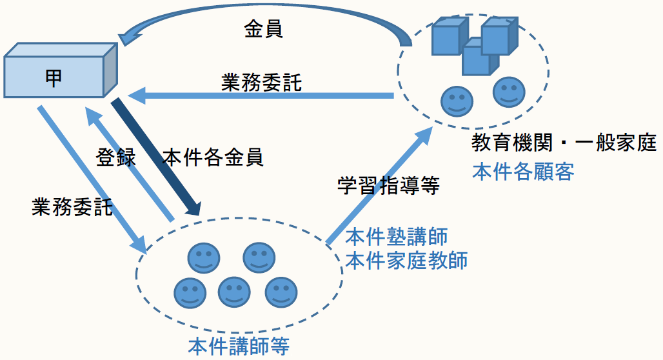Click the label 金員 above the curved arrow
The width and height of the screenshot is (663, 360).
[x=263, y=29]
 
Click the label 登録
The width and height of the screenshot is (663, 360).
[x=116, y=157]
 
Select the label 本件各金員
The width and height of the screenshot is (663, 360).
[x=213, y=158]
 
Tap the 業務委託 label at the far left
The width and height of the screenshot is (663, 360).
[x=72, y=207]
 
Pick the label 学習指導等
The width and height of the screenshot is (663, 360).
[x=388, y=186]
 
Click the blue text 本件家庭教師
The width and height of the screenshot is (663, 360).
[x=406, y=260]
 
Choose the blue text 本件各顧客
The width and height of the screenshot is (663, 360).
[x=523, y=172]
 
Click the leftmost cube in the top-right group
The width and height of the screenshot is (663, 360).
[x=448, y=36]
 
